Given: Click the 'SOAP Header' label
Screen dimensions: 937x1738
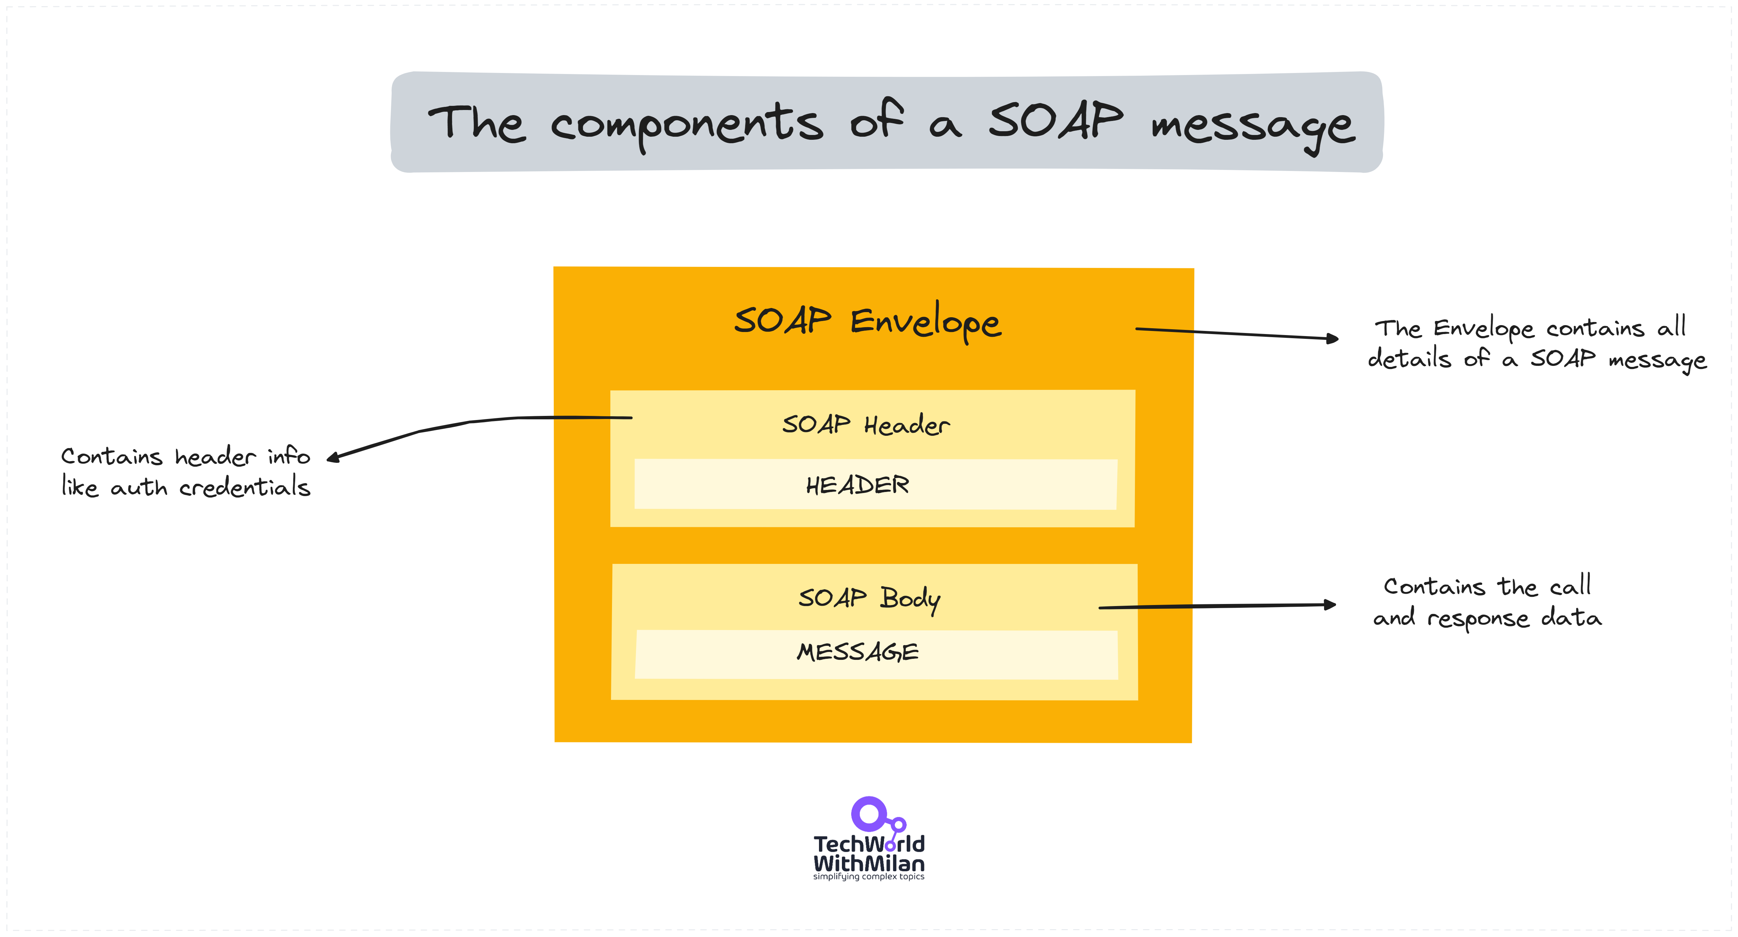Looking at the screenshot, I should coord(866,425).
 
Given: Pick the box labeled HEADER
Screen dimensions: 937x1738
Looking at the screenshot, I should coord(875,484).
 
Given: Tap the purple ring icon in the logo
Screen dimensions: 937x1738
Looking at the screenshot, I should coord(868,814).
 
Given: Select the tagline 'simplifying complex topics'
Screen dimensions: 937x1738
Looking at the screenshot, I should coord(868,877).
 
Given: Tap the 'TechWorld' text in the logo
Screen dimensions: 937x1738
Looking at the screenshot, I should coord(868,844).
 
